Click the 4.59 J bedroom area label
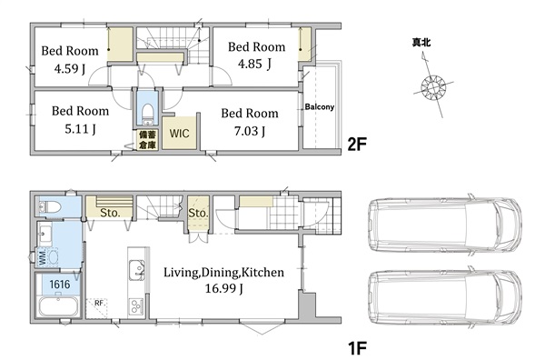(70, 68)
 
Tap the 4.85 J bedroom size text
(254, 64)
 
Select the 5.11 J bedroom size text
(80, 129)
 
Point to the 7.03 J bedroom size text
(250, 131)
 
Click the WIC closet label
(179, 134)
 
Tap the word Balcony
(320, 106)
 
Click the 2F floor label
(357, 144)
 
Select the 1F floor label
(357, 347)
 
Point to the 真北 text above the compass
(421, 43)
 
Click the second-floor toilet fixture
(148, 114)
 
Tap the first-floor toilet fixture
(50, 207)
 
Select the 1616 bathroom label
(60, 285)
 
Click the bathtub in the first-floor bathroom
(58, 307)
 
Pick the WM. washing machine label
(43, 257)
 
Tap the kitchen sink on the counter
(136, 270)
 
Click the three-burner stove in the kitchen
(136, 306)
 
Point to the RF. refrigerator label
(99, 303)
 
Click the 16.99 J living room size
(223, 288)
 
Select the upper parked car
(445, 225)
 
